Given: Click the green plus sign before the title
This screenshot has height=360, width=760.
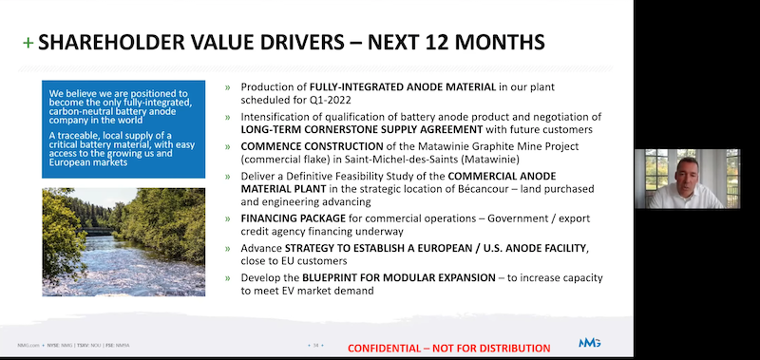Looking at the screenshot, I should point(27,43).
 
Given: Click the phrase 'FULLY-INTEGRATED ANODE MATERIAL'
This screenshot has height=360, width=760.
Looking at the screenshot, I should point(397,86).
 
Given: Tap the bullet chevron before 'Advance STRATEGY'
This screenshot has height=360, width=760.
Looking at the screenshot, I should point(227,248).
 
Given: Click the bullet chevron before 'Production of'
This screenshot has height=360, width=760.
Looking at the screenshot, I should point(227,86).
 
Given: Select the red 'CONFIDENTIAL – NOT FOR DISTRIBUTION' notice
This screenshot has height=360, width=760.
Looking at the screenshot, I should point(448,348).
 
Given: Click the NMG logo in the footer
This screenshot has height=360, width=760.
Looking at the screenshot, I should point(590,343).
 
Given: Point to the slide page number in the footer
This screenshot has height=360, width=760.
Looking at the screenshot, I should point(313,343).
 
